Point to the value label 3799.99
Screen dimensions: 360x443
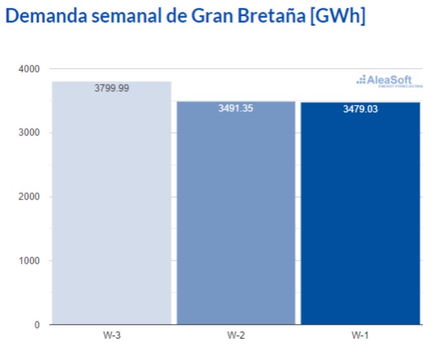[112, 89]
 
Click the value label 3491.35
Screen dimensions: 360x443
[236, 108]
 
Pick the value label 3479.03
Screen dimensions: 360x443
[360, 109]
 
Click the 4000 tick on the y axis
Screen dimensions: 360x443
[29, 69]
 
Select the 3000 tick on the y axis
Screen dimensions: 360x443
[29, 133]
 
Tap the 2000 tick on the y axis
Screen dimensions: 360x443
[29, 197]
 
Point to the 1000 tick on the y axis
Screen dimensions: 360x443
[29, 261]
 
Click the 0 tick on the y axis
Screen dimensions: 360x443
[37, 325]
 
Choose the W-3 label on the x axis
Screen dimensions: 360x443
[112, 336]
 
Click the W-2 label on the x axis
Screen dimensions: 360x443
[236, 336]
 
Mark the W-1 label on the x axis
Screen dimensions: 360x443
[360, 336]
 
